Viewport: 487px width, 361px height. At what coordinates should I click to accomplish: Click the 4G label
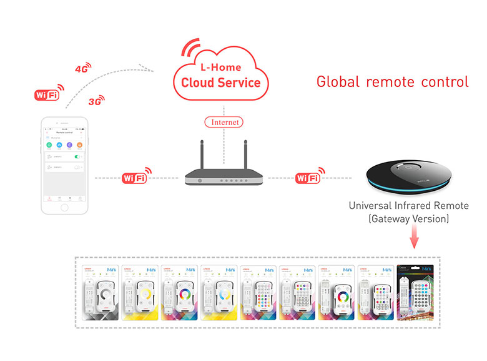tap(82, 68)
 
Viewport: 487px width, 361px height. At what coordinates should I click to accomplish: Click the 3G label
tap(96, 101)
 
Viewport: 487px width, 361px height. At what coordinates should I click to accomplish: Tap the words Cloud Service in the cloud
tap(220, 83)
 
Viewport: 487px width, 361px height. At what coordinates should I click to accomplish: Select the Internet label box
tap(224, 122)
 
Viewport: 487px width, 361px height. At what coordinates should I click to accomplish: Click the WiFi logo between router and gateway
tap(310, 178)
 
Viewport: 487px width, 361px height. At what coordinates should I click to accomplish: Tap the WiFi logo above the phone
tap(47, 94)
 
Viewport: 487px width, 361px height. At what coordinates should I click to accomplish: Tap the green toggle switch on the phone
tap(79, 156)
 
